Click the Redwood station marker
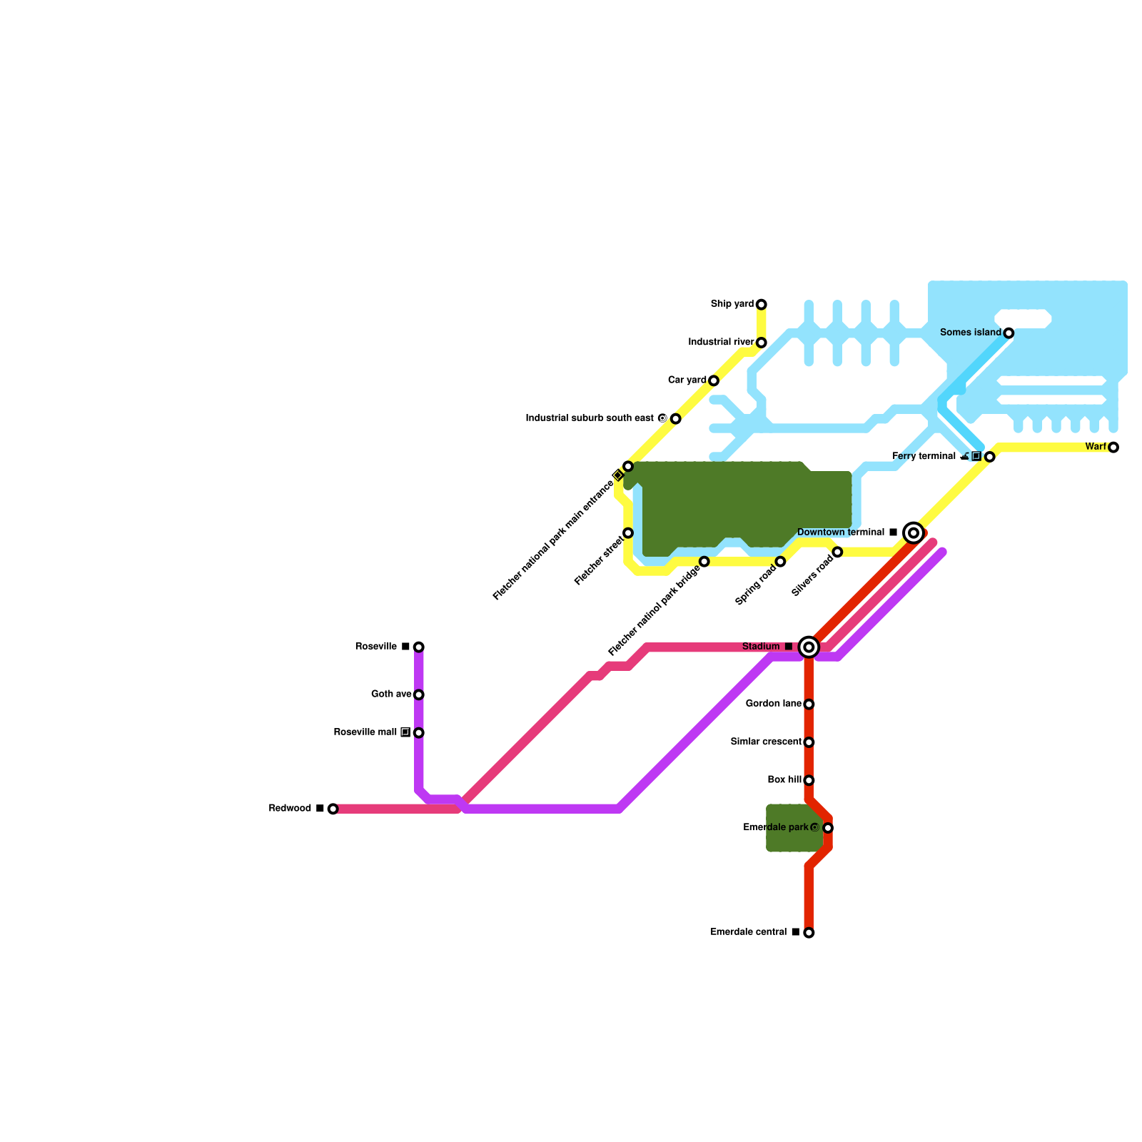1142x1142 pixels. (x=333, y=809)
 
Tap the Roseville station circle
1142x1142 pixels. (x=419, y=647)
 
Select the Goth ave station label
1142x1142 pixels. (x=390, y=694)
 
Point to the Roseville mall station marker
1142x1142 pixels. (x=419, y=733)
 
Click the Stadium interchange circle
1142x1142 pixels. (x=809, y=647)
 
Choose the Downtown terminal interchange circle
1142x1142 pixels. (x=914, y=533)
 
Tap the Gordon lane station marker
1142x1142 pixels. (x=809, y=704)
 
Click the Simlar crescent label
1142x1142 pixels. (x=766, y=742)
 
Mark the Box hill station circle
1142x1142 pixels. (x=809, y=780)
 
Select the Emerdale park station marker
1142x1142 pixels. (x=828, y=828)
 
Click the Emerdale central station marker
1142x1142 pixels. (x=809, y=933)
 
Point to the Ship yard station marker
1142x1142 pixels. (x=762, y=305)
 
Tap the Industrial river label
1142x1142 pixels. (x=721, y=343)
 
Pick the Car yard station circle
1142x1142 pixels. (x=714, y=380)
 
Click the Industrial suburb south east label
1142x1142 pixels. (x=590, y=418)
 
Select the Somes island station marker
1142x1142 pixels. (x=1009, y=333)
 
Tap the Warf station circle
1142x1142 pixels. (x=1113, y=448)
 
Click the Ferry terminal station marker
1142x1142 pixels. (x=990, y=457)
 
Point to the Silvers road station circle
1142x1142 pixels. (x=837, y=552)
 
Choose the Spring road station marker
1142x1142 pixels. (x=781, y=562)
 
